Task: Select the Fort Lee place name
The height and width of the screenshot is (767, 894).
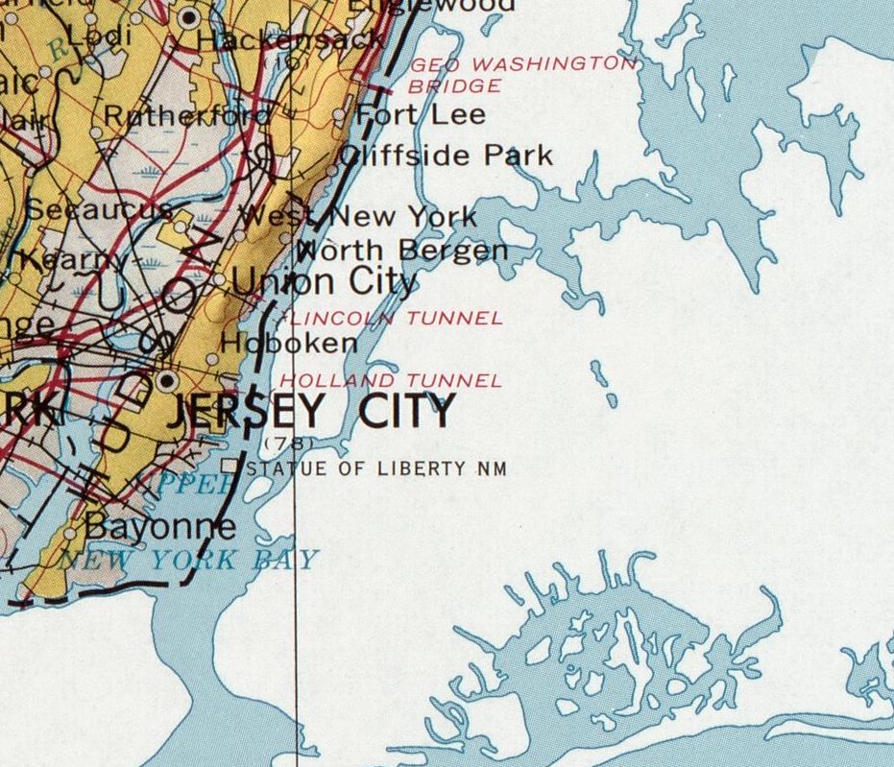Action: pyautogui.click(x=421, y=115)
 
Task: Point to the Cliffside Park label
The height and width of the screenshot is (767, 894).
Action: pyautogui.click(x=447, y=156)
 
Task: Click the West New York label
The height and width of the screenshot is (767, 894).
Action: pyautogui.click(x=357, y=216)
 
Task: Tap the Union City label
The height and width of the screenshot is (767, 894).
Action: pyautogui.click(x=324, y=282)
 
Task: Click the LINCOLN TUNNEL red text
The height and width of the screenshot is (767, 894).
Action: pyautogui.click(x=396, y=319)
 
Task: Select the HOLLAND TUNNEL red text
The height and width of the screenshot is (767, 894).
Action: pyautogui.click(x=390, y=381)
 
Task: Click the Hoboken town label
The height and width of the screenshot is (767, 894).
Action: pyautogui.click(x=288, y=343)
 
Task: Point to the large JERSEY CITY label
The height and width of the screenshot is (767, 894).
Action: pyautogui.click(x=309, y=412)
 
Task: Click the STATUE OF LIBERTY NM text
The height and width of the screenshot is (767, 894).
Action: pyautogui.click(x=375, y=468)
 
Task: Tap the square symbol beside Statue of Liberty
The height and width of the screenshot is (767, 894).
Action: pyautogui.click(x=230, y=467)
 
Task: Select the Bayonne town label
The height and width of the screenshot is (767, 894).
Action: pyautogui.click(x=159, y=526)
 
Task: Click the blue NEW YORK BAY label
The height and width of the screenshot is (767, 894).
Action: pyautogui.click(x=187, y=560)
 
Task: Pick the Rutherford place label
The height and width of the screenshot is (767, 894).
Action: pyautogui.click(x=186, y=116)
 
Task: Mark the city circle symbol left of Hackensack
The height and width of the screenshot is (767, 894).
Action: pyautogui.click(x=189, y=17)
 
